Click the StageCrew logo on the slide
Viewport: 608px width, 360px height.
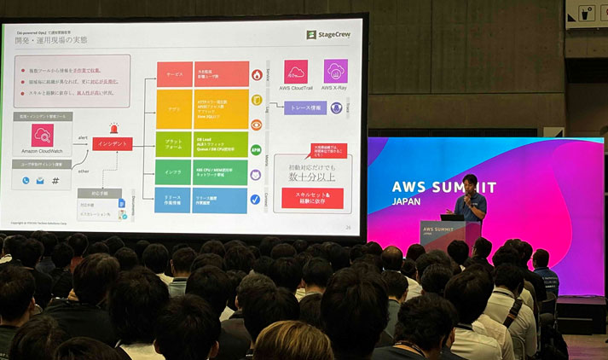328,35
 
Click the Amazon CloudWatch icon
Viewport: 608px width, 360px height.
43,135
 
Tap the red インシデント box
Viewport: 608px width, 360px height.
113,144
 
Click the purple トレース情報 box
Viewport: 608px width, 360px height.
304,108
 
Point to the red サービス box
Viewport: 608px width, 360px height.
174,74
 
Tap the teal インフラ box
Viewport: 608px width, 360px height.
174,172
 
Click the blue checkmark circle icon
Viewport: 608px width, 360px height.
255,200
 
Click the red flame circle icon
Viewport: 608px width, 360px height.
256,75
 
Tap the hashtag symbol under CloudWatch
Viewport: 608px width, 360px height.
55,181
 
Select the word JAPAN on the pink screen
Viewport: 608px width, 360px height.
408,202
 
